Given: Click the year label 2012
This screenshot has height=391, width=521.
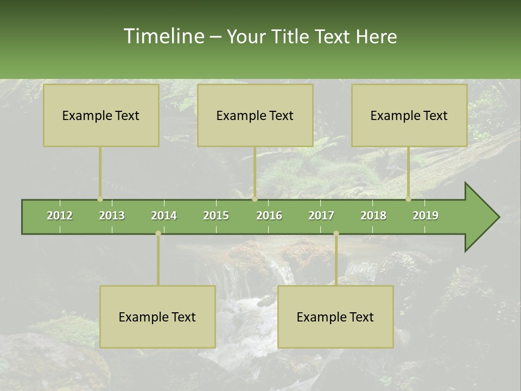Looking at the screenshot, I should [x=60, y=216].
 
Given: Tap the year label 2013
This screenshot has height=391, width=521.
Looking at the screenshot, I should [x=112, y=216].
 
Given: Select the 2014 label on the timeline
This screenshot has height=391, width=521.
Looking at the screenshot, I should [x=164, y=216].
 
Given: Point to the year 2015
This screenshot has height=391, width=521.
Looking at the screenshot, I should [x=216, y=216].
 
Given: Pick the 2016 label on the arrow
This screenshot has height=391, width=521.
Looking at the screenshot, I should [x=269, y=216].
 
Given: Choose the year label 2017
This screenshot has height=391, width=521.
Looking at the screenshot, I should [x=321, y=216].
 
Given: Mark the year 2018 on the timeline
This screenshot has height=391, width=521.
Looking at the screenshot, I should [x=373, y=216].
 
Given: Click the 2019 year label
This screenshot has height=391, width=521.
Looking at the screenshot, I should [x=425, y=216].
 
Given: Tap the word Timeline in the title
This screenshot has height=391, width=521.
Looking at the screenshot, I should [x=163, y=36].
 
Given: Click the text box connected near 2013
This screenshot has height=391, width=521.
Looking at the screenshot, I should [x=101, y=115].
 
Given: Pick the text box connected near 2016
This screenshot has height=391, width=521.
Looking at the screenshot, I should [x=255, y=115].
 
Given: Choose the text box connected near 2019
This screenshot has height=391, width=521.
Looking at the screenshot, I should [x=409, y=115].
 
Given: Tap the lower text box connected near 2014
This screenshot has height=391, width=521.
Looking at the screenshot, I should [x=157, y=317].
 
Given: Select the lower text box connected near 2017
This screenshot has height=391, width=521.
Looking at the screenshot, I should [x=335, y=317].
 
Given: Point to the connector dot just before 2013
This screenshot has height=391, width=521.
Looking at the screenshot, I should [x=100, y=199].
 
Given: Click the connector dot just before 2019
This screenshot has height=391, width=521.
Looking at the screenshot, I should [x=408, y=199].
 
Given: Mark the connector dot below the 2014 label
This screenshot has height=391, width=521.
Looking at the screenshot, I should [x=158, y=234].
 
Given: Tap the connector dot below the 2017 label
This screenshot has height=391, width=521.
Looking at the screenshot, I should [x=336, y=234].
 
